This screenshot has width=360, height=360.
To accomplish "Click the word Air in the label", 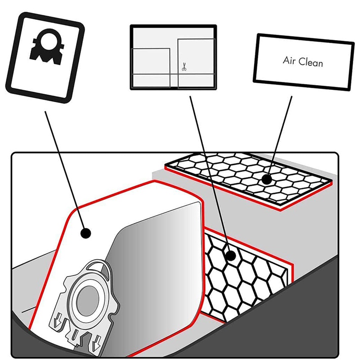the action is (288, 60).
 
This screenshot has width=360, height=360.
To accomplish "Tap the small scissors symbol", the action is (184, 67).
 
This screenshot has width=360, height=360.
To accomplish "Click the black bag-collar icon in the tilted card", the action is (47, 47).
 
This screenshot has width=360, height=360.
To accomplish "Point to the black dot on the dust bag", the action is (86, 234).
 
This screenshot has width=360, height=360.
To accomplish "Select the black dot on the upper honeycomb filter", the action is (266, 179).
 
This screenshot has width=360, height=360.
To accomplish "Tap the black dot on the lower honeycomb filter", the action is (231, 256).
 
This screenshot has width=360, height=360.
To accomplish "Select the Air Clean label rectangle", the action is (303, 62).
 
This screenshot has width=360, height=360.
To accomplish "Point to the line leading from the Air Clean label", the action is (279, 138).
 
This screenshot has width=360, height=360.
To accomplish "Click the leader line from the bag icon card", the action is (66, 172).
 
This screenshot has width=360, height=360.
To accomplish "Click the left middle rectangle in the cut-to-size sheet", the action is (151, 61).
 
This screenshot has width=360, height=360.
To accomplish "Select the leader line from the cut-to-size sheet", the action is (210, 176).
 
